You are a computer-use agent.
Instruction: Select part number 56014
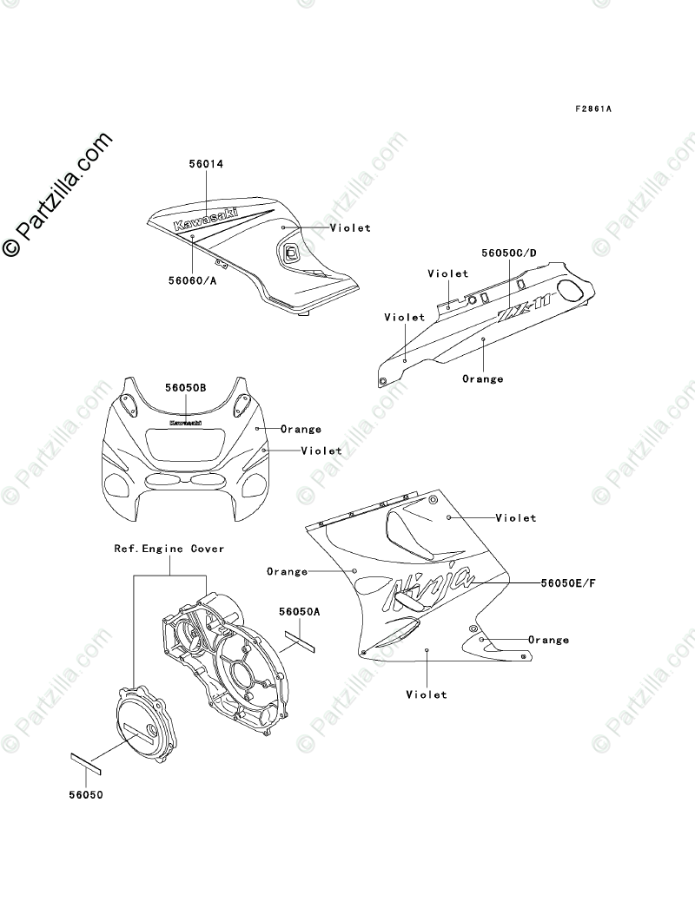207,163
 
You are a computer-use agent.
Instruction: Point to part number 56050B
186,388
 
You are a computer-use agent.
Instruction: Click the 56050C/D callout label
509,253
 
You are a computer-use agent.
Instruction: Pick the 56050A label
300,611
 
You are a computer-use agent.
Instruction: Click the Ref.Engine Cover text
169,549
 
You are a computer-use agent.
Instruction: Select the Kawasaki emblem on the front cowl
185,423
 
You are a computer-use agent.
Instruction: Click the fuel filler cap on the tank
291,253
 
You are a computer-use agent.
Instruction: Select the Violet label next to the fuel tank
350,228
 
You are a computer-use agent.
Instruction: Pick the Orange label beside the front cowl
301,429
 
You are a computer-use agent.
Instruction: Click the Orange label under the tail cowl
482,378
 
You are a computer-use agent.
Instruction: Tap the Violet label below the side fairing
427,694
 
